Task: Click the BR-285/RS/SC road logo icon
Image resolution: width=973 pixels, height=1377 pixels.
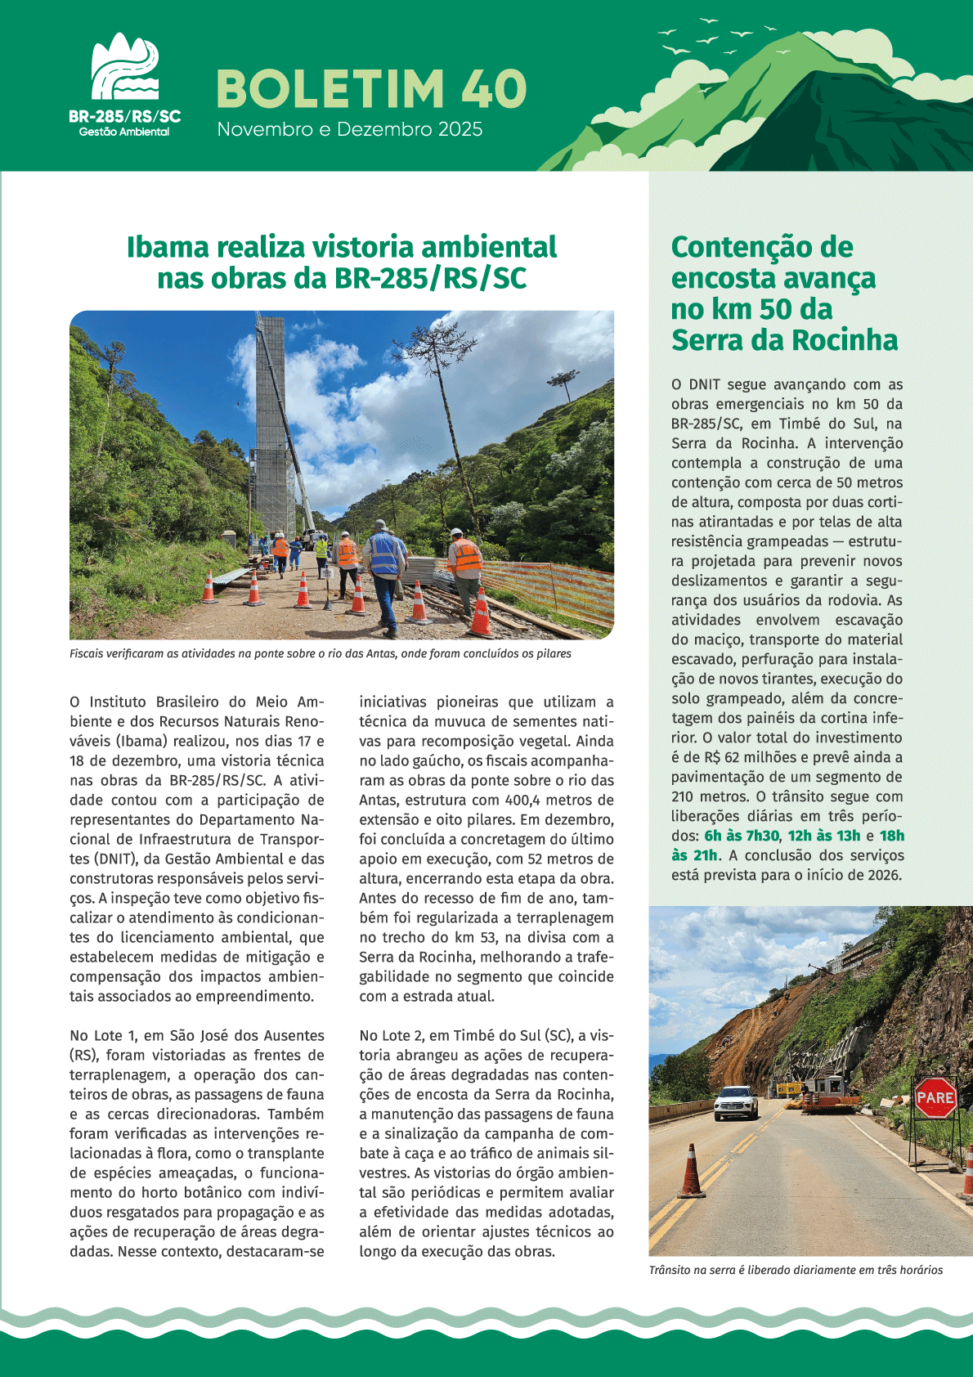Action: click(124, 67)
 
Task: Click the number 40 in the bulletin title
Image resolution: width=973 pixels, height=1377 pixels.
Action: click(495, 88)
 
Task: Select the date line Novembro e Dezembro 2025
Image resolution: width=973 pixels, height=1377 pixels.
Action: click(349, 129)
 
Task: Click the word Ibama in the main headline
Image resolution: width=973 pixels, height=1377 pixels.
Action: click(169, 247)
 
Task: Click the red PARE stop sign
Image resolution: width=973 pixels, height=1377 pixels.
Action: click(935, 1097)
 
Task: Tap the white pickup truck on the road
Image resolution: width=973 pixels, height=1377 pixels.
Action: click(736, 1102)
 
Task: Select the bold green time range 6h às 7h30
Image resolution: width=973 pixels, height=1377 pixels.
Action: click(741, 836)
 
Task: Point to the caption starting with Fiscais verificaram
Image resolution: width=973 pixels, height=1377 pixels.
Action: click(321, 653)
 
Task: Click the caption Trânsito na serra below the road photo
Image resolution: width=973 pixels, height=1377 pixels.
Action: click(795, 1270)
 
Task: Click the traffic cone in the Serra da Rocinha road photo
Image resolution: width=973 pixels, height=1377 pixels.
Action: click(691, 1172)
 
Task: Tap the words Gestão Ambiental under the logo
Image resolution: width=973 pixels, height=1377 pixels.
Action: click(124, 132)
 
